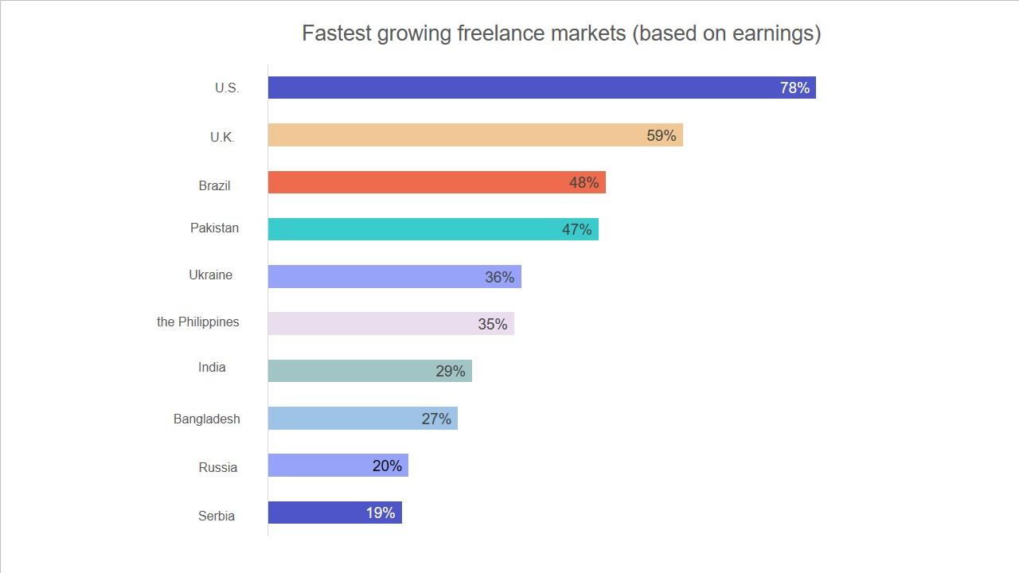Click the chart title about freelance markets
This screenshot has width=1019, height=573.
point(560,33)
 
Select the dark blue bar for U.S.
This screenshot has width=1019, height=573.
point(517,88)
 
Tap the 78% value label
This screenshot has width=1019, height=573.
point(795,88)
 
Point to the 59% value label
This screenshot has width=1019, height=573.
point(661,135)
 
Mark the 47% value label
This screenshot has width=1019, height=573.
point(576,229)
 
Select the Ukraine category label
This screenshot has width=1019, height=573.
point(210,275)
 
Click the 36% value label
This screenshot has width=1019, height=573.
point(499,277)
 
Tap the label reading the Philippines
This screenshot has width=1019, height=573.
point(197,322)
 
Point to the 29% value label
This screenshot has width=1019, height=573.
point(450,371)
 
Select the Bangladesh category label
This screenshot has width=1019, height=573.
point(206,419)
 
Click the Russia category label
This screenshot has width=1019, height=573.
point(217,467)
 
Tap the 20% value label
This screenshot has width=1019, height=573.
point(387,466)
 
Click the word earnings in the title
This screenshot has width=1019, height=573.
point(771,33)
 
